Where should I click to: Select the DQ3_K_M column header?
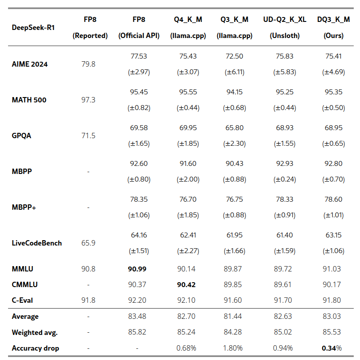tap(333, 20)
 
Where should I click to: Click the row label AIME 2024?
tap(30, 64)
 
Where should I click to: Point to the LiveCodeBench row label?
tap(37, 243)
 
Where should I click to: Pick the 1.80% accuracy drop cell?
tap(234, 348)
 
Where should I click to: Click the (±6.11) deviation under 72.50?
tap(234, 72)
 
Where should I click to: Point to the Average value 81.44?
tap(234, 316)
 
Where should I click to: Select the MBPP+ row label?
tap(24, 207)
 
